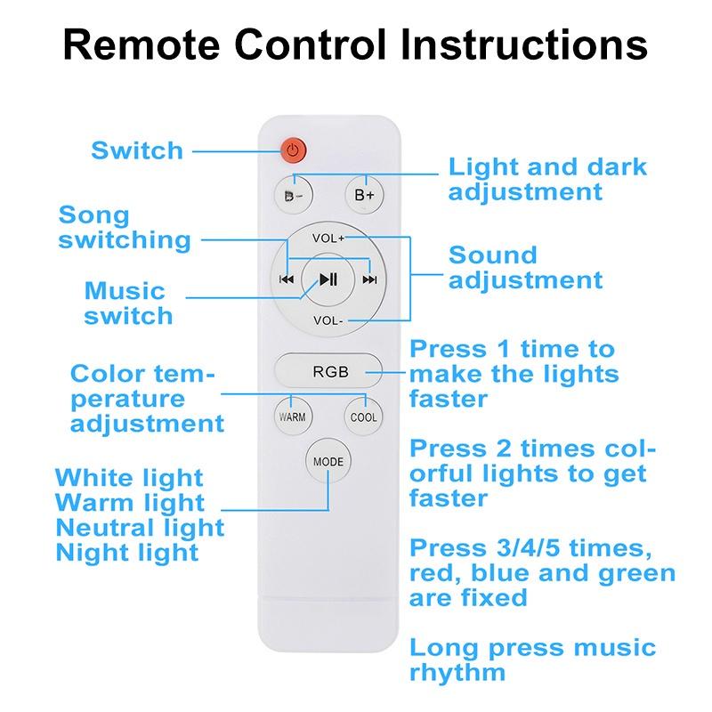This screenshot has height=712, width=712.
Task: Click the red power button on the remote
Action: [x=294, y=150]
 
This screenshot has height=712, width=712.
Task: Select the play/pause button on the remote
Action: [x=328, y=279]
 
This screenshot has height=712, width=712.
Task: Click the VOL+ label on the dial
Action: [x=328, y=239]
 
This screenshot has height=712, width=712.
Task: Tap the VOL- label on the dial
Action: [x=328, y=320]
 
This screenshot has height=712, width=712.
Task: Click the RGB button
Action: [x=329, y=372]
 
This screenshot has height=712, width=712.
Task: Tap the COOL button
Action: [x=363, y=417]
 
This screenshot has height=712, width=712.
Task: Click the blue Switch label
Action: [x=137, y=150]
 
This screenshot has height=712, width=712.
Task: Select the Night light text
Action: [x=127, y=553]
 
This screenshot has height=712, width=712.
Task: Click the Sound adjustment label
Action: [x=525, y=267]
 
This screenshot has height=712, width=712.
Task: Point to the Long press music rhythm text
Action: [x=531, y=659]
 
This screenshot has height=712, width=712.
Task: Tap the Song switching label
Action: [x=124, y=227]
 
